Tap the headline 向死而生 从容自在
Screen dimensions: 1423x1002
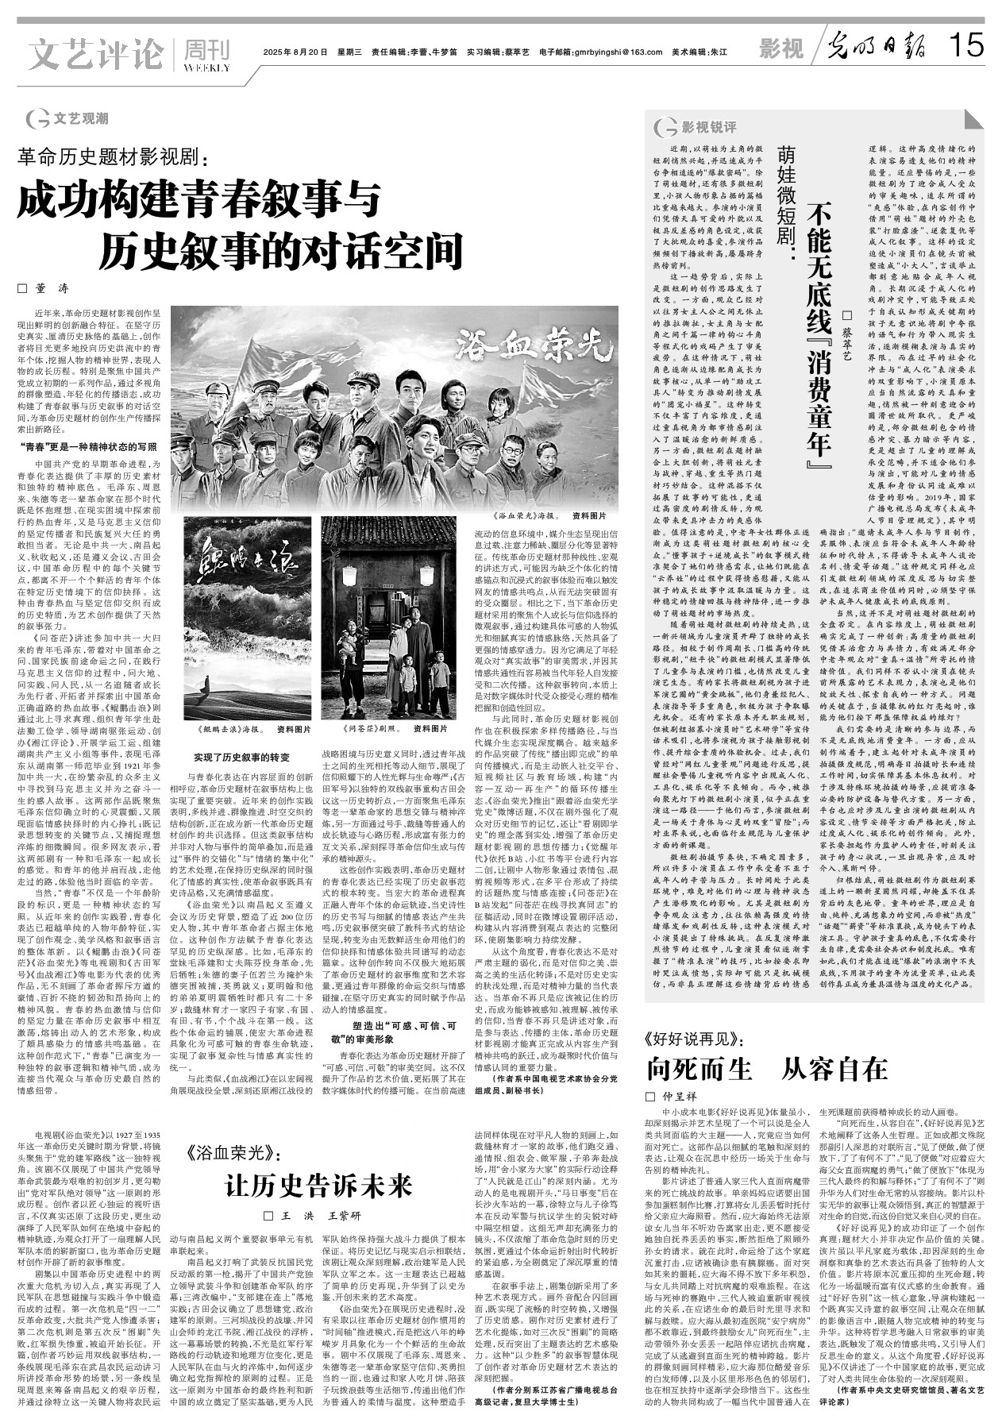[x=766, y=1069]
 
